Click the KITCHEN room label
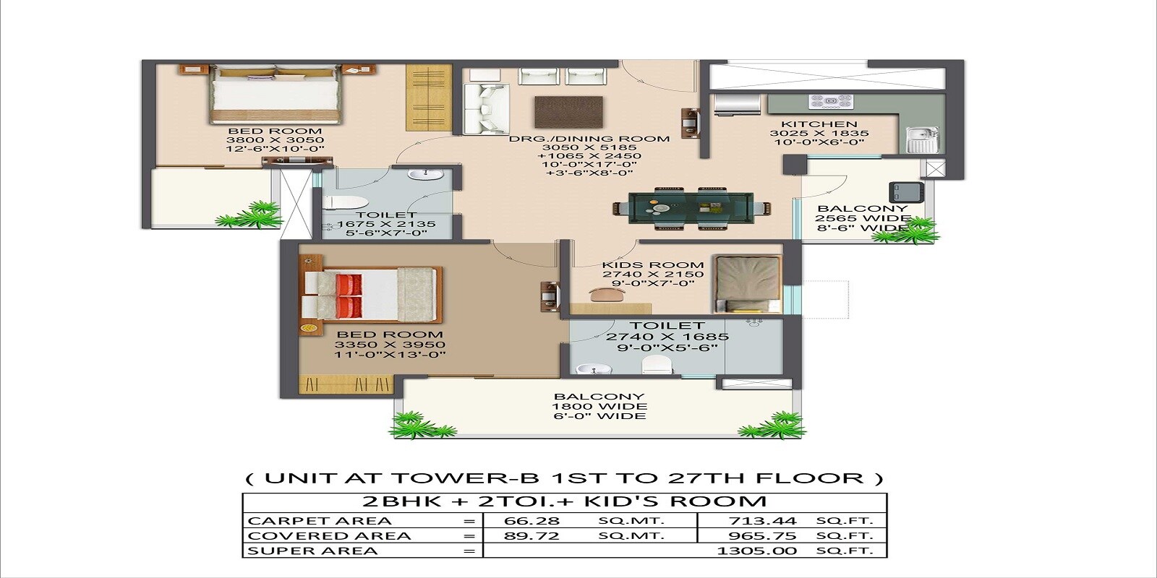tap(819, 124)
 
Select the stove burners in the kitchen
tap(826, 101)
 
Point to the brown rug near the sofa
tap(568, 111)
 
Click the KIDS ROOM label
tap(653, 265)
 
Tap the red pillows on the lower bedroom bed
tap(349, 295)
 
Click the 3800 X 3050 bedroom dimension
tap(275, 140)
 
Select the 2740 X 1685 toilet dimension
tap(667, 337)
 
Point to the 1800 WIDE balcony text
tap(599, 406)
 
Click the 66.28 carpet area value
tap(531, 521)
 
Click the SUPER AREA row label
tap(312, 551)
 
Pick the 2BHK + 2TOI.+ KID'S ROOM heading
tap(564, 501)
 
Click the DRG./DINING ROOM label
tap(589, 138)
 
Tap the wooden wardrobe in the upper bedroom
tap(428, 98)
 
